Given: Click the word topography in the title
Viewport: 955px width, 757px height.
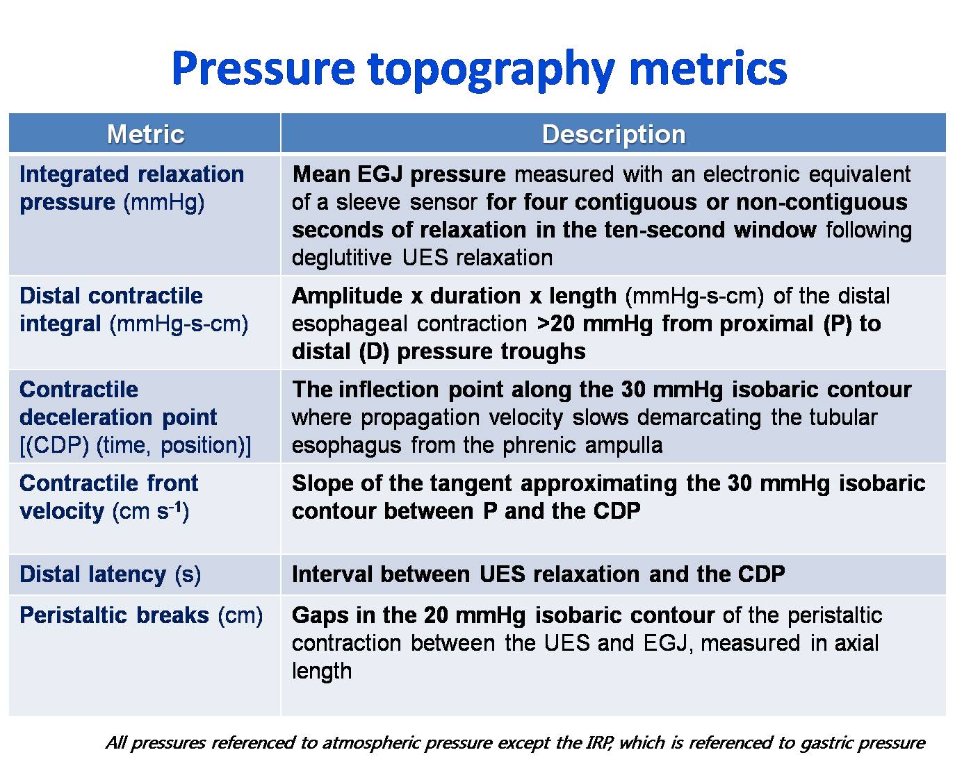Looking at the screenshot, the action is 491,71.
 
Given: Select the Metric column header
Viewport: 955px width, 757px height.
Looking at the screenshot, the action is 145,134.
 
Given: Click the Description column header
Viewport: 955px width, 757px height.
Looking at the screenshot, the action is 614,134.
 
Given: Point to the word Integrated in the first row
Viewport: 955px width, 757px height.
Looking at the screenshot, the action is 74,175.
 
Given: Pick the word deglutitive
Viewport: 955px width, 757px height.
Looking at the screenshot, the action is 342,258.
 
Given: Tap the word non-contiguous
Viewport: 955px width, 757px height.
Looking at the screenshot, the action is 822,202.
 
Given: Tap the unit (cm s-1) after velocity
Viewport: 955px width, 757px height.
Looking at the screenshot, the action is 150,511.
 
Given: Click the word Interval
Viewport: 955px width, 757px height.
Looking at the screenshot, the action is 332,574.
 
